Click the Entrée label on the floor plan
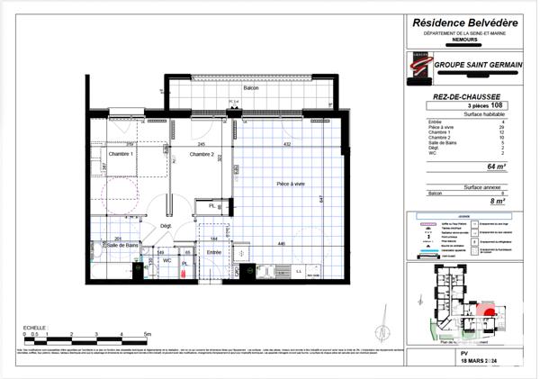[x=214, y=253]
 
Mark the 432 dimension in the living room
[x=287, y=145]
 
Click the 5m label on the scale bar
[x=148, y=333]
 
